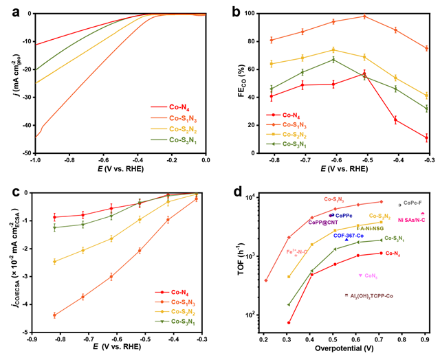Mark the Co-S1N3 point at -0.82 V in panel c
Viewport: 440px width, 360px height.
pos(54,315)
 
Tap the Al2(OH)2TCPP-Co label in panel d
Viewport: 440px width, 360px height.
pos(371,295)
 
